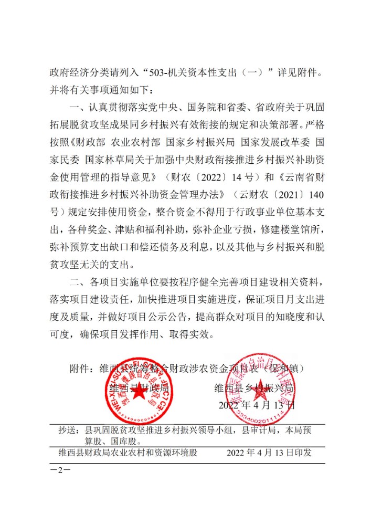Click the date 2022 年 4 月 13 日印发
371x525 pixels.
269,453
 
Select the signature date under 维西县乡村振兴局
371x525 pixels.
257,405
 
